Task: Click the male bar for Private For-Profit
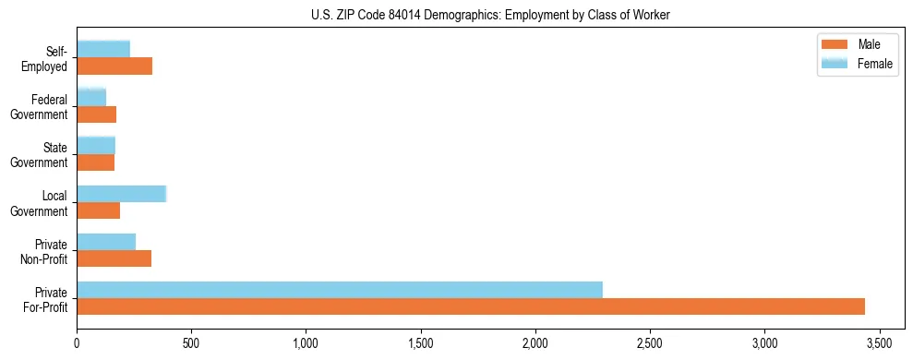pyautogui.click(x=471, y=306)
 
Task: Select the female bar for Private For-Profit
pyautogui.click(x=340, y=290)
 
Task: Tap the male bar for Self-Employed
pyautogui.click(x=114, y=66)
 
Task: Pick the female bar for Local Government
pyautogui.click(x=121, y=194)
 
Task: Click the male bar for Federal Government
pyautogui.click(x=97, y=114)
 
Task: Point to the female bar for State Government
pyautogui.click(x=96, y=145)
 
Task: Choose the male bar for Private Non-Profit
pyautogui.click(x=114, y=258)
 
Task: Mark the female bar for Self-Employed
pyautogui.click(x=103, y=49)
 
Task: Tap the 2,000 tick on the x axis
pyautogui.click(x=535, y=342)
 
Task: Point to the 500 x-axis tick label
pyautogui.click(x=191, y=342)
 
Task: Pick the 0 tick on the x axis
pyautogui.click(x=77, y=342)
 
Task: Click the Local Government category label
pyautogui.click(x=45, y=203)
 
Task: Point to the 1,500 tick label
pyautogui.click(x=421, y=342)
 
